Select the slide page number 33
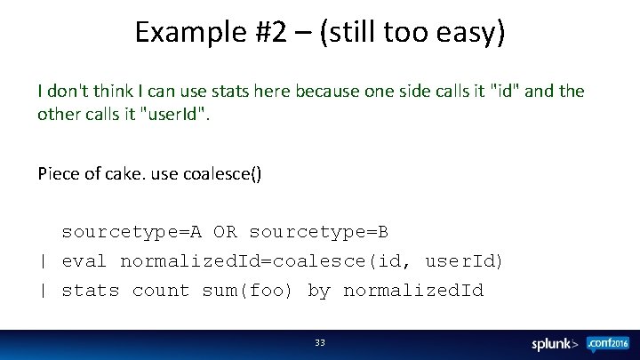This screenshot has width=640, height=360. click(x=320, y=342)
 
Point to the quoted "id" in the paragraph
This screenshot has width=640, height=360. click(x=508, y=92)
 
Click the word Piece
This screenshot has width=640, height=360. click(x=56, y=173)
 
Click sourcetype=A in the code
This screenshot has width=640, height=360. click(x=132, y=232)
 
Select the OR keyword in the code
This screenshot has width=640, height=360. click(x=225, y=232)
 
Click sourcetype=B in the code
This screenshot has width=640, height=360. click(x=319, y=232)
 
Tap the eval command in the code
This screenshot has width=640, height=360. click(x=84, y=261)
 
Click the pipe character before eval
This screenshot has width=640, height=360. click(x=43, y=261)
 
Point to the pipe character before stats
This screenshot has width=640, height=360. click(x=43, y=291)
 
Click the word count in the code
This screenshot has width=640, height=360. click(x=161, y=291)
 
